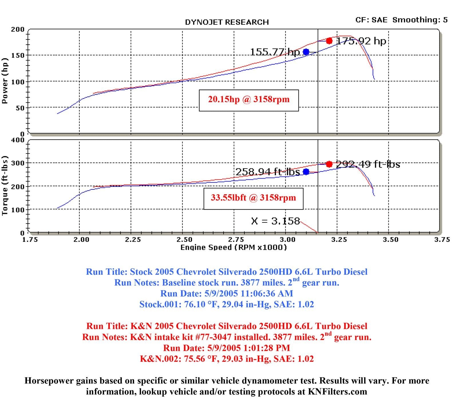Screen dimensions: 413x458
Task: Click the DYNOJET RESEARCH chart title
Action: pyautogui.click(x=227, y=22)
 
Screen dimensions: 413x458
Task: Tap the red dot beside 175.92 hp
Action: pyautogui.click(x=329, y=41)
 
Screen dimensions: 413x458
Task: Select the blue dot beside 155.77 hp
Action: pyautogui.click(x=306, y=52)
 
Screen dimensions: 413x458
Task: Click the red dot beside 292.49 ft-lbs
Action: pyautogui.click(x=329, y=164)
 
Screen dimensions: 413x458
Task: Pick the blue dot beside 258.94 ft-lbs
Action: pyautogui.click(x=306, y=172)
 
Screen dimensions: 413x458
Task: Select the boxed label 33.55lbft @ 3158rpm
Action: pyautogui.click(x=253, y=198)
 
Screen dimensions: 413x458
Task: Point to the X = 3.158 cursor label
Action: pyautogui.click(x=275, y=221)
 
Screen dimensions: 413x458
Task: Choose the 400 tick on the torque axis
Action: pyautogui.click(x=17, y=140)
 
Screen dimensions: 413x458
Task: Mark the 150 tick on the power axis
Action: pyautogui.click(x=17, y=55)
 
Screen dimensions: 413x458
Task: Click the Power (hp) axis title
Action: pyautogui.click(x=5, y=81)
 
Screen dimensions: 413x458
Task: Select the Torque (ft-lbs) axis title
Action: pyautogui.click(x=5, y=186)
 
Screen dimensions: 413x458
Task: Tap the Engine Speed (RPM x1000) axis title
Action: pyautogui.click(x=233, y=247)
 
